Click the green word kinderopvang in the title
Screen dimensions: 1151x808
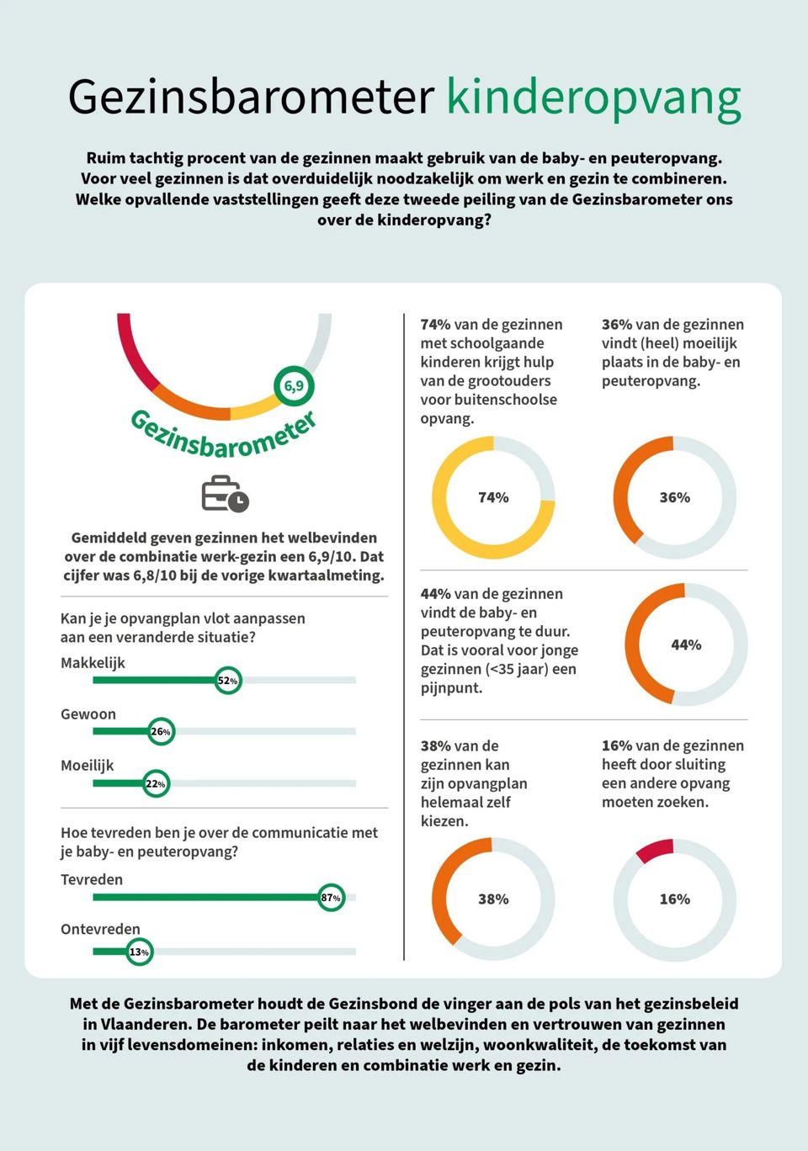(x=593, y=98)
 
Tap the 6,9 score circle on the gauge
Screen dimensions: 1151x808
(x=294, y=386)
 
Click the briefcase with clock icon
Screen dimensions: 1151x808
(x=225, y=494)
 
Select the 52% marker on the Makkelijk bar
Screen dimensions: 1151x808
(x=227, y=680)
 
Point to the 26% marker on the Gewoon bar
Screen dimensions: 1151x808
(x=160, y=731)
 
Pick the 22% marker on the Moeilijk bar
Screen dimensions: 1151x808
(x=155, y=783)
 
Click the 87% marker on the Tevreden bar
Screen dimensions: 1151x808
(x=331, y=898)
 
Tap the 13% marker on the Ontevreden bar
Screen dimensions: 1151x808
(x=139, y=952)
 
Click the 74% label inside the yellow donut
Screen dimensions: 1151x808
(x=493, y=497)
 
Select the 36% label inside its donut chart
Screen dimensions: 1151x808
(x=674, y=497)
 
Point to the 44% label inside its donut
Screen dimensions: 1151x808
(x=686, y=644)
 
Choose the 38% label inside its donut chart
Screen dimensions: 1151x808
(x=493, y=899)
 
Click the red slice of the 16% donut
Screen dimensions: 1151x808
(x=656, y=850)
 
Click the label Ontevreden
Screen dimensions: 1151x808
(x=100, y=929)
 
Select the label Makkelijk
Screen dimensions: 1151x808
(x=93, y=663)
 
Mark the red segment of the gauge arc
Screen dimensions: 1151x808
(x=133, y=353)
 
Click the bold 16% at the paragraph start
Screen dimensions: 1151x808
(x=616, y=745)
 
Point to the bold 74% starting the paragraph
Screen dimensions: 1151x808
(x=435, y=325)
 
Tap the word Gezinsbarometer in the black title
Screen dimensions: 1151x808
(x=251, y=98)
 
